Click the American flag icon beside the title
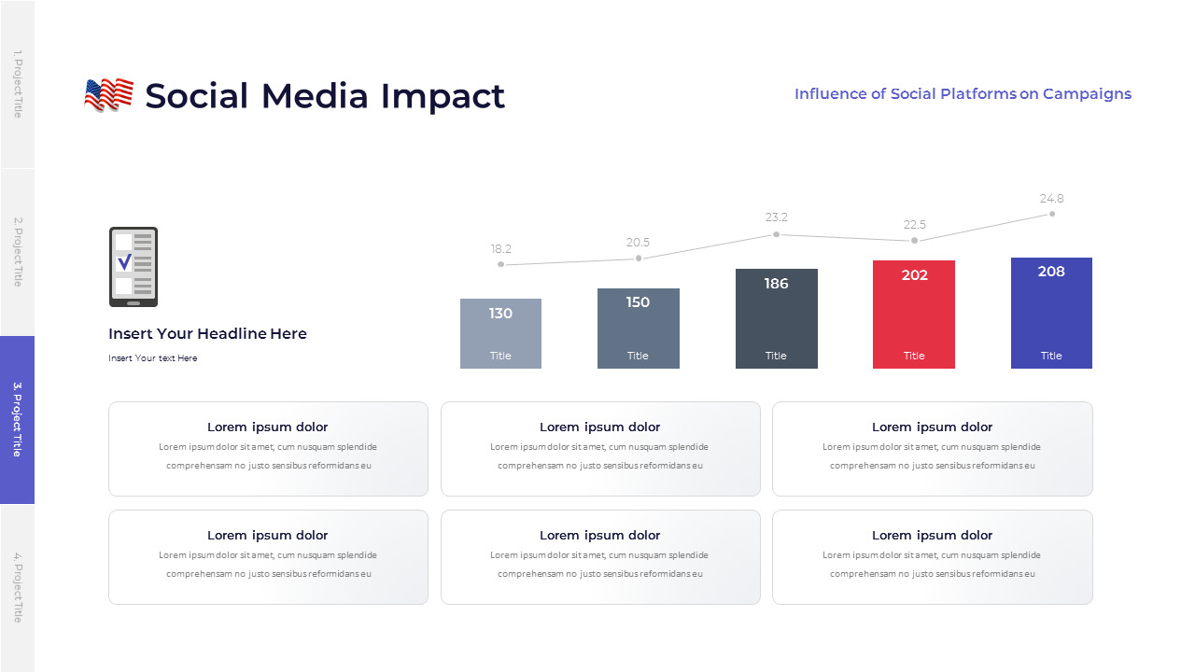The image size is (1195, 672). tap(108, 95)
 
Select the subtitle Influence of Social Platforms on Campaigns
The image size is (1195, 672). tap(963, 94)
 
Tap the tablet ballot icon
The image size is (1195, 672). tap(134, 267)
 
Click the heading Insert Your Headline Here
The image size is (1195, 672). tap(207, 334)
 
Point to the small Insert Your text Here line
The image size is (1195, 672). tap(153, 358)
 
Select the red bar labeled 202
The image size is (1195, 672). tap(914, 314)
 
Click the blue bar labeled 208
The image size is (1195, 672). tap(1051, 313)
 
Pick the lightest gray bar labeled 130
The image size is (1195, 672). tap(500, 333)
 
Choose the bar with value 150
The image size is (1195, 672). tap(639, 328)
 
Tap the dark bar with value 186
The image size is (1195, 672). tap(776, 318)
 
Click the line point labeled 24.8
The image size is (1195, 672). tap(1052, 214)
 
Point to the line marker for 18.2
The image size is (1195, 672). tap(501, 264)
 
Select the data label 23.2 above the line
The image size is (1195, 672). tap(777, 217)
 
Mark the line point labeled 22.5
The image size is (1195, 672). tap(914, 241)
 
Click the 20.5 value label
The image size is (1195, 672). tap(639, 243)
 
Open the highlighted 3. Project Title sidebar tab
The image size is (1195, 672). tap(17, 420)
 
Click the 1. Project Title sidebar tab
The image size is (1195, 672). tap(17, 84)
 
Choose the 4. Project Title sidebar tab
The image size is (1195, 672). tap(17, 588)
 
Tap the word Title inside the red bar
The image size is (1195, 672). tap(914, 356)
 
